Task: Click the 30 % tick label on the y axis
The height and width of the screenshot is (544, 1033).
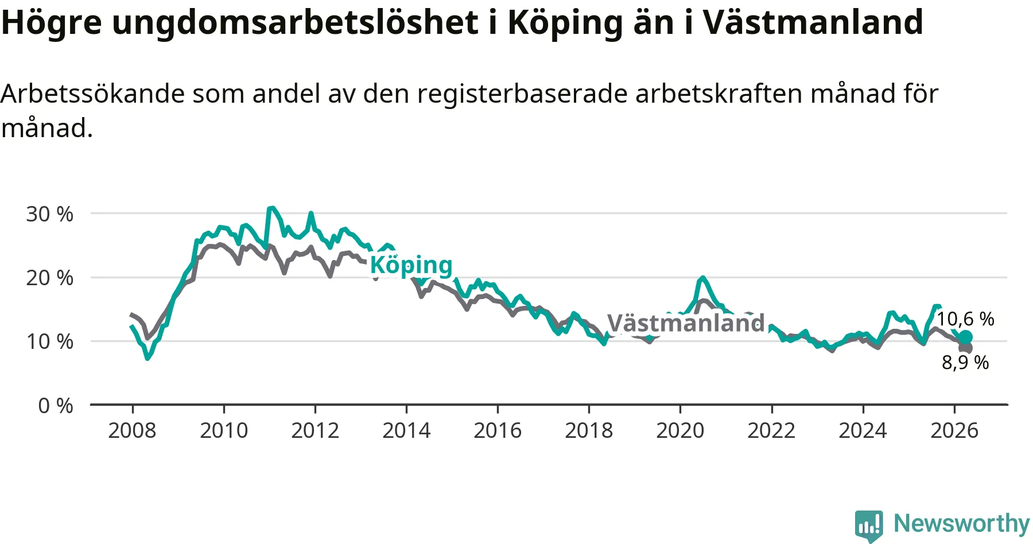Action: pos(49,214)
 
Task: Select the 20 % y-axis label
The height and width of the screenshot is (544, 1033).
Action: pos(49,278)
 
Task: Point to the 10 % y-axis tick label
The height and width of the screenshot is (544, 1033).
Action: pos(49,341)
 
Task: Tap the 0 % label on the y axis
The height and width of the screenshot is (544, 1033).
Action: pos(56,406)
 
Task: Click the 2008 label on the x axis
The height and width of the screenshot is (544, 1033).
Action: pos(132,430)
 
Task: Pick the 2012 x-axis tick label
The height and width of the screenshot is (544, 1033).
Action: pos(315,430)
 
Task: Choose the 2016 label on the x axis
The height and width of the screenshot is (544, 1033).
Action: pos(498,430)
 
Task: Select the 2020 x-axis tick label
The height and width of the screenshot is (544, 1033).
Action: pos(680,430)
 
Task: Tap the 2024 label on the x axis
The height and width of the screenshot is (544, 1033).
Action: pos(863,430)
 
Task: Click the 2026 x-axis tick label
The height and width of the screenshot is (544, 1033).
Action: pos(954,430)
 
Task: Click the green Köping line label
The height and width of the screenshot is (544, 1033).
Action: pos(411,266)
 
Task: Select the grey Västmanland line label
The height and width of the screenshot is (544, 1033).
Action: pos(686,323)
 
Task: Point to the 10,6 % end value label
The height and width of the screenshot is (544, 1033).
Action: pos(965,319)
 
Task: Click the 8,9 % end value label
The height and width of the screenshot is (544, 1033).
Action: pos(965,363)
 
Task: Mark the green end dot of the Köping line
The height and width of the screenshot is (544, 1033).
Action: pos(966,337)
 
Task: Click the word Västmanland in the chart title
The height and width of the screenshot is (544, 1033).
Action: pos(813,22)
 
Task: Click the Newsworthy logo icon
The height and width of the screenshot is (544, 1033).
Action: pos(868,526)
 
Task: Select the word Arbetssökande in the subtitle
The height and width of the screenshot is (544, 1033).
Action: pos(93,94)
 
